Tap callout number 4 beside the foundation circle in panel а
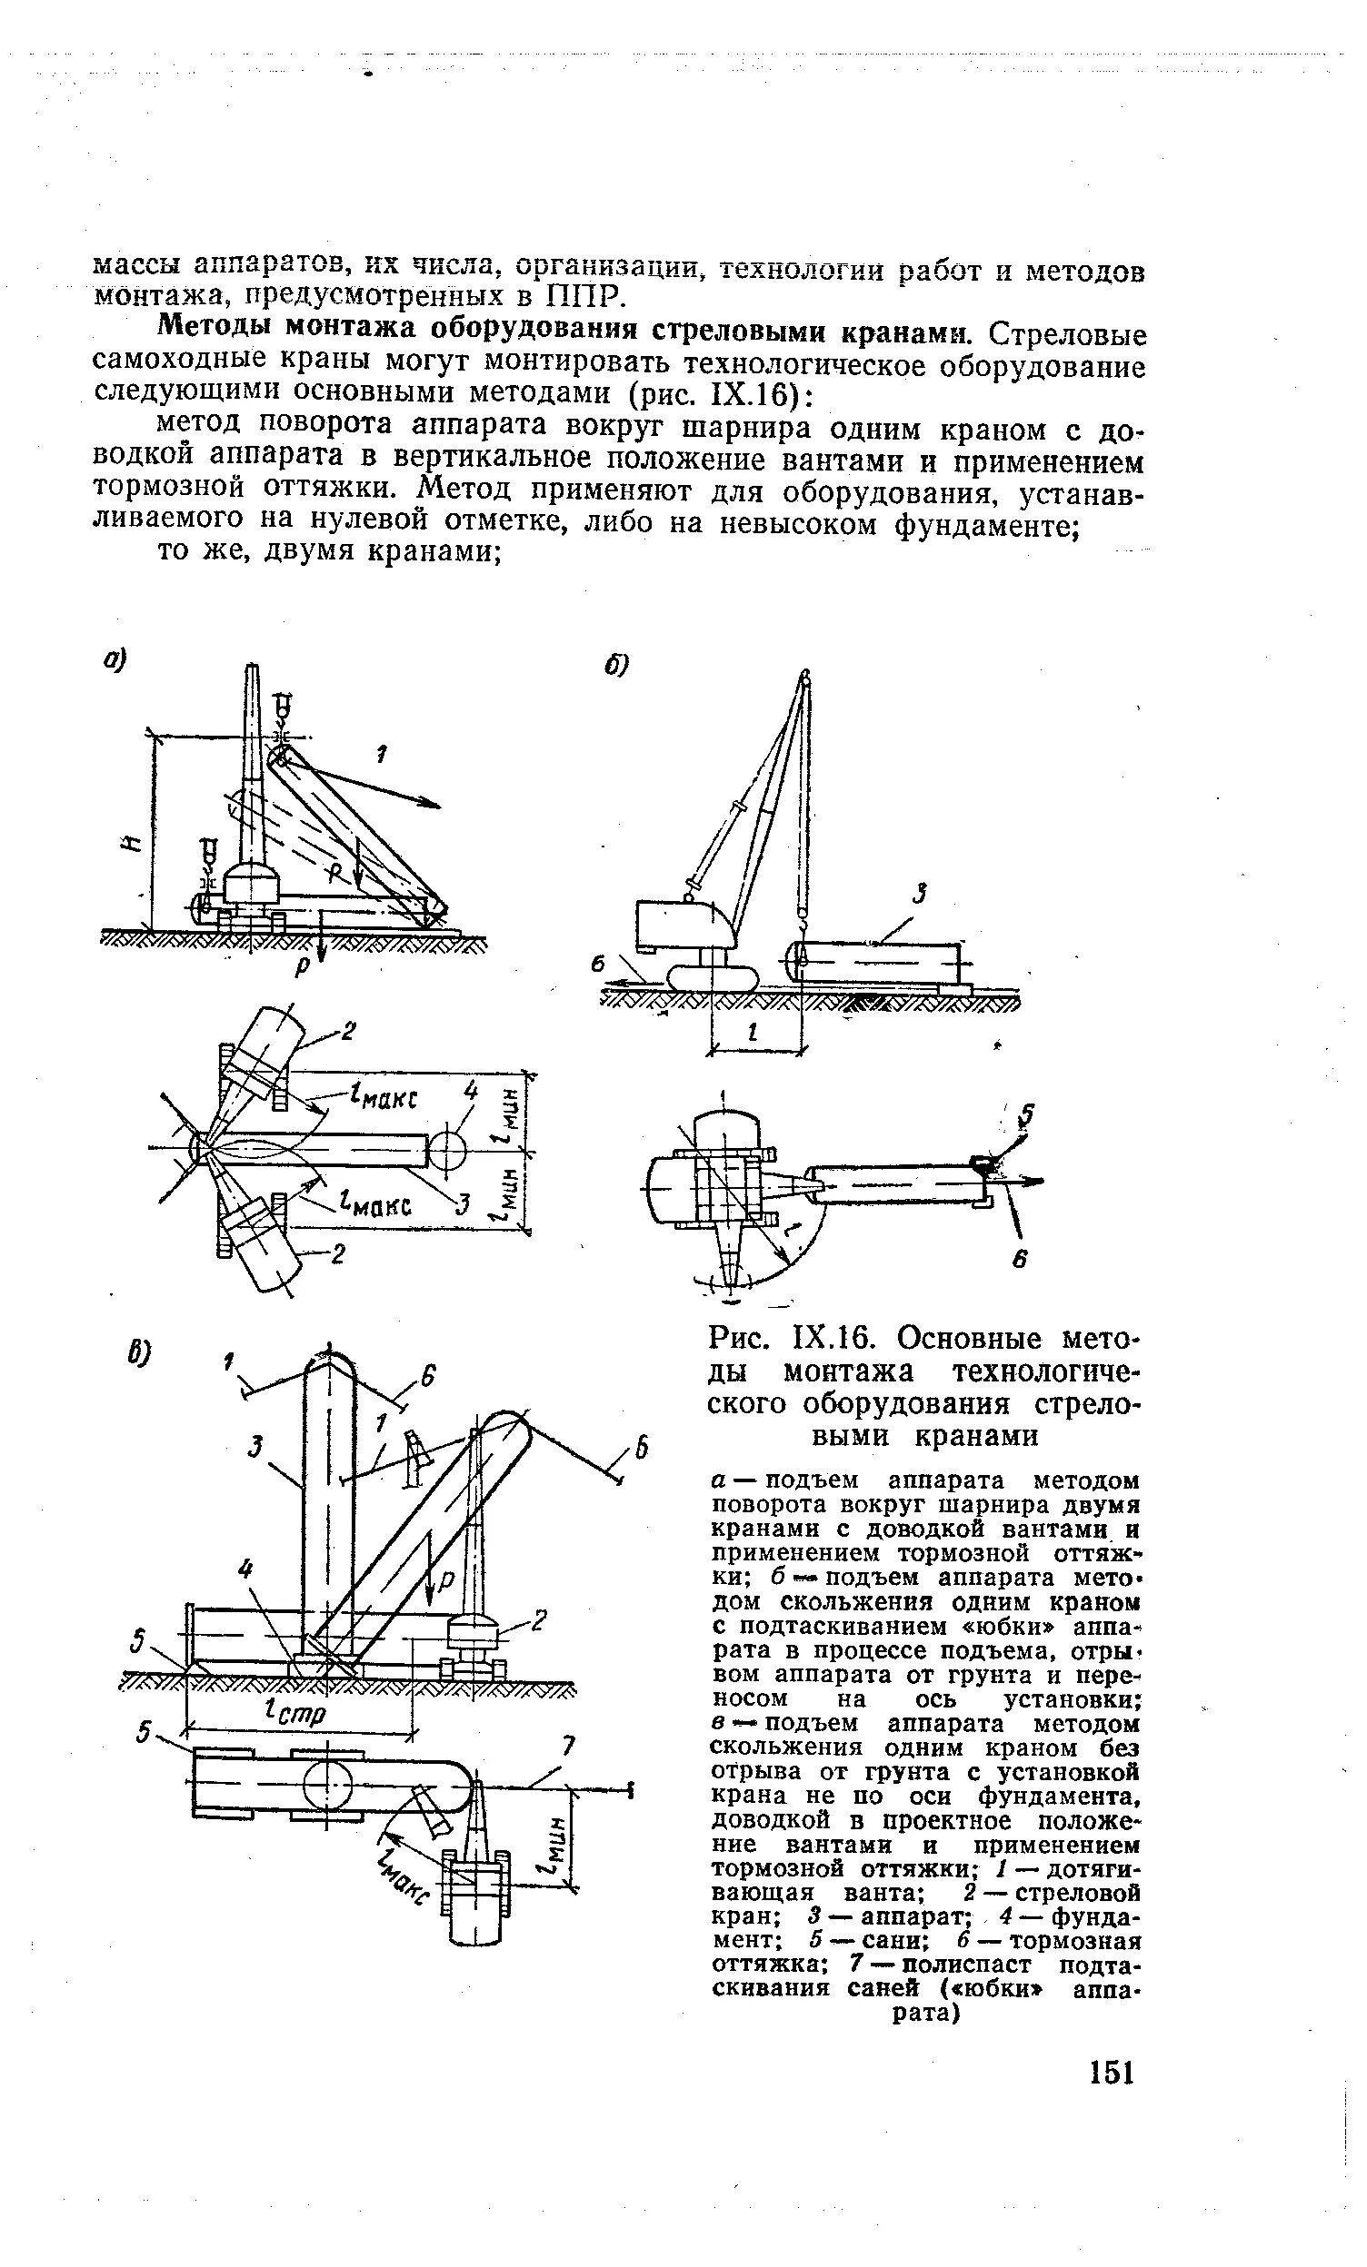click(471, 1091)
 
